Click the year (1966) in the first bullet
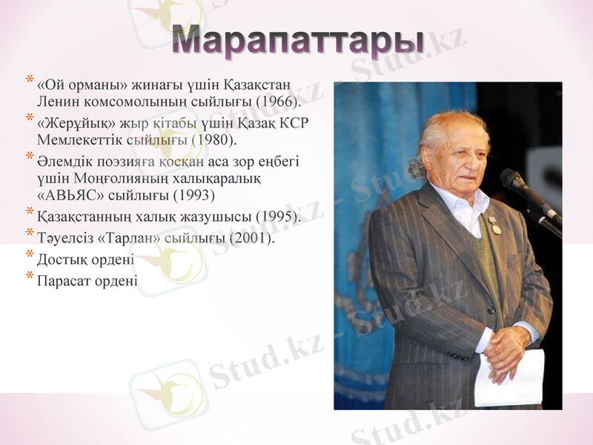(277, 99)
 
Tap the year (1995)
(277, 217)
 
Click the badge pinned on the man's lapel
(496, 225)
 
